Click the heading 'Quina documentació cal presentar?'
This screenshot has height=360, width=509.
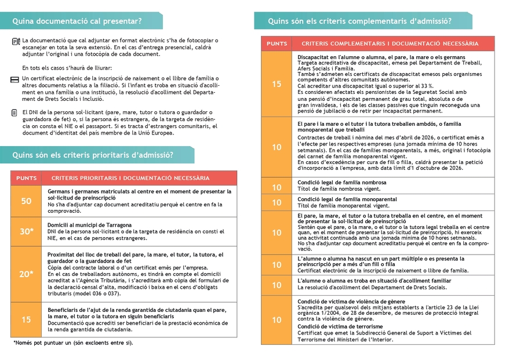click(77, 21)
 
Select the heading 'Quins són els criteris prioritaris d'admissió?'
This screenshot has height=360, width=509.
click(93, 155)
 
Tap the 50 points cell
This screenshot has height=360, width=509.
click(26, 201)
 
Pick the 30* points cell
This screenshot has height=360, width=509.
click(26, 231)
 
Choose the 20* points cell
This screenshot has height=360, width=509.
click(26, 274)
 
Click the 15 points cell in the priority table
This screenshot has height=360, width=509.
click(26, 319)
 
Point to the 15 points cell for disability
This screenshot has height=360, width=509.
click(277, 84)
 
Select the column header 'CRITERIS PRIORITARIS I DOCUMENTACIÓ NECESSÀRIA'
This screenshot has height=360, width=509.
click(130, 178)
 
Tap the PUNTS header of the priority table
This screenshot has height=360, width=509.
click(26, 178)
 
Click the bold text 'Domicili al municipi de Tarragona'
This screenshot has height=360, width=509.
click(89, 225)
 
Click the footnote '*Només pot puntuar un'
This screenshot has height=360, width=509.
click(72, 343)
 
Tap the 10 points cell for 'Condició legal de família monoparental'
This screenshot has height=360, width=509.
click(277, 202)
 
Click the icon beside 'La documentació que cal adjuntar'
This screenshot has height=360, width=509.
click(16, 42)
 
